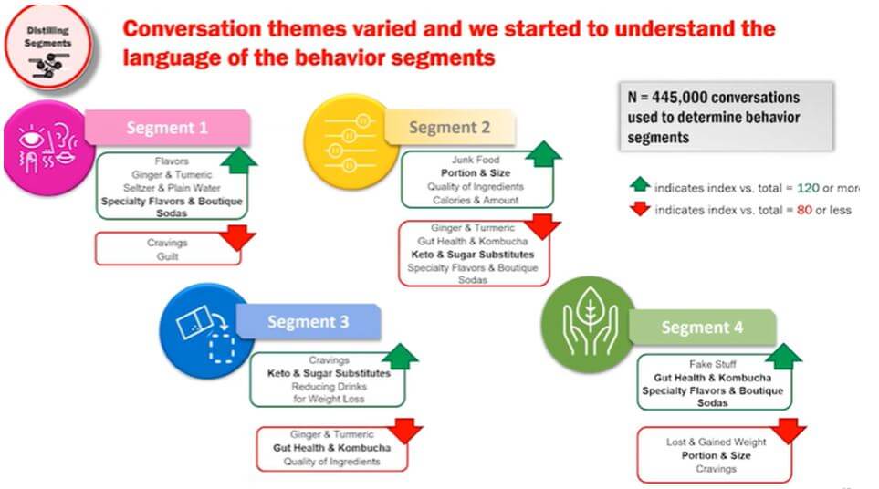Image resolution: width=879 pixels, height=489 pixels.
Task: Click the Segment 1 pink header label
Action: [x=167, y=128]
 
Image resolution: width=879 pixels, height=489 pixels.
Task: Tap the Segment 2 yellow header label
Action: [x=450, y=128]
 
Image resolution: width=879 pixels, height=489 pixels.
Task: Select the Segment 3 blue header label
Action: [x=309, y=321]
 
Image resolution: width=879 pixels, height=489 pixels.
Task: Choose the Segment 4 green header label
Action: [x=702, y=328]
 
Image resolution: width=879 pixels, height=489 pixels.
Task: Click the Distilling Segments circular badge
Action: [x=47, y=47]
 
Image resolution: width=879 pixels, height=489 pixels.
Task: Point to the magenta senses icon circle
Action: [x=48, y=148]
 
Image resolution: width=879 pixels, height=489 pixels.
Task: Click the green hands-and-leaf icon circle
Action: [x=589, y=324]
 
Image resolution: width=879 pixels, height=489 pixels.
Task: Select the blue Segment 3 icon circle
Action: [x=206, y=330]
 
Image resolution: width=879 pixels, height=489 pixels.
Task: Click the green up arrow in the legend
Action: [x=640, y=185]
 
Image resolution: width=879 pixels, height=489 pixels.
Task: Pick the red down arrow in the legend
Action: [x=640, y=209]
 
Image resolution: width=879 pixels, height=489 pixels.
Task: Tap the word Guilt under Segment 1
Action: [x=167, y=256]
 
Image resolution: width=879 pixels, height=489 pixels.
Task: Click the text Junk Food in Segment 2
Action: [x=476, y=160]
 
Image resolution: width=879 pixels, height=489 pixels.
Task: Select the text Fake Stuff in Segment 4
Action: [x=713, y=364]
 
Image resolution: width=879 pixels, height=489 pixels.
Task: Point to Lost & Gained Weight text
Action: [x=716, y=442]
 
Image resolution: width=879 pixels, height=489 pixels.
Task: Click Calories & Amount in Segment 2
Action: [x=476, y=200]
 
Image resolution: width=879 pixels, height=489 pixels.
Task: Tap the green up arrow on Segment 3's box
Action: [x=400, y=356]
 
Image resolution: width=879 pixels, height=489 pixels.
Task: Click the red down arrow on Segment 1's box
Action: [x=237, y=237]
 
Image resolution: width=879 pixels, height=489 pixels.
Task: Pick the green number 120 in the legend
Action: [x=808, y=188]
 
